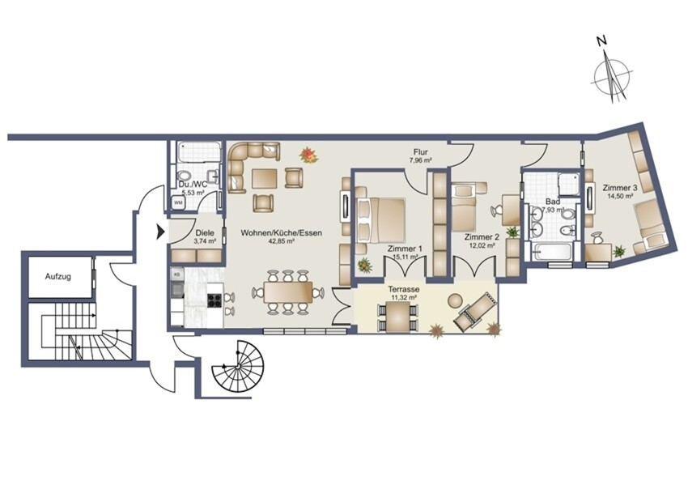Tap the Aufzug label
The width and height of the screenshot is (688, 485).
coord(58,277)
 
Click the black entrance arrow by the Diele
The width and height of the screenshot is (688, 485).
coord(160,232)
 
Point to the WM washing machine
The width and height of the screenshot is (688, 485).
coord(178,202)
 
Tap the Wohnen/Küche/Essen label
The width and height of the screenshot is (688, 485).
coord(281,233)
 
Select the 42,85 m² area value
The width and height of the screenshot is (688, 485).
coord(281,241)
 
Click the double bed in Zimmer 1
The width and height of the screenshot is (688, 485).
coord(380,220)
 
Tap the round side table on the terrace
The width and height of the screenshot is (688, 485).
coord(455,300)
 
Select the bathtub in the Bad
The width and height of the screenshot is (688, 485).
coord(550,251)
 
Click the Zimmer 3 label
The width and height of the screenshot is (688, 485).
coord(619,187)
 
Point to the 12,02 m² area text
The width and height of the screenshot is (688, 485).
coord(482,246)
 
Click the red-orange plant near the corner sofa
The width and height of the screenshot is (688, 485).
coord(308,155)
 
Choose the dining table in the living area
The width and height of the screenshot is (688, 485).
coord(288,291)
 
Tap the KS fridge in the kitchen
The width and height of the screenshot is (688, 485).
coord(177,274)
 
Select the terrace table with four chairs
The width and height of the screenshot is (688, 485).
coord(397,318)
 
